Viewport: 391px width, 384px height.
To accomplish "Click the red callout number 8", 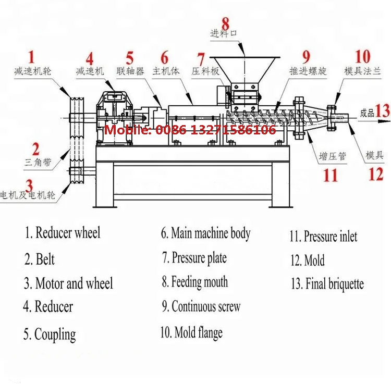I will tap(225, 23).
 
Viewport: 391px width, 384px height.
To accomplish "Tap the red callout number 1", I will tap(31, 56).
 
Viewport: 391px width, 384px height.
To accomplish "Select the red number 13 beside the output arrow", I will tap(383, 110).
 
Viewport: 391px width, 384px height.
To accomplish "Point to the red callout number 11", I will tap(330, 175).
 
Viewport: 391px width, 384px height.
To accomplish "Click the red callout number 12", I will tap(376, 174).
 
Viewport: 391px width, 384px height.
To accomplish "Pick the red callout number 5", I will tap(129, 57).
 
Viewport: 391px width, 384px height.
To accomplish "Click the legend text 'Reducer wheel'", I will tap(63, 233).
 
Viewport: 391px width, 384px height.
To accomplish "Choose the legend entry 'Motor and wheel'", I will tap(68, 284).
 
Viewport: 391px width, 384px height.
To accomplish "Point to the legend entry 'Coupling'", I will tap(50, 334).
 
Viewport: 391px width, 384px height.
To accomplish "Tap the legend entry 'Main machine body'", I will tap(205, 233).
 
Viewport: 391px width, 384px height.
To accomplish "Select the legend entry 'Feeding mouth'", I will tap(194, 282).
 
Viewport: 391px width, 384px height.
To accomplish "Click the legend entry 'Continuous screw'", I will tap(201, 306).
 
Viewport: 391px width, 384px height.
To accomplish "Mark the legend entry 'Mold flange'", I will tap(191, 332).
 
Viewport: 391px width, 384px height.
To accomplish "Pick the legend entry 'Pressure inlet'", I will tap(324, 237).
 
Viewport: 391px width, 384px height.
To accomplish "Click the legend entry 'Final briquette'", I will tap(327, 284).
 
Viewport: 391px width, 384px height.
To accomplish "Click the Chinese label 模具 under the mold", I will tap(374, 155).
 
